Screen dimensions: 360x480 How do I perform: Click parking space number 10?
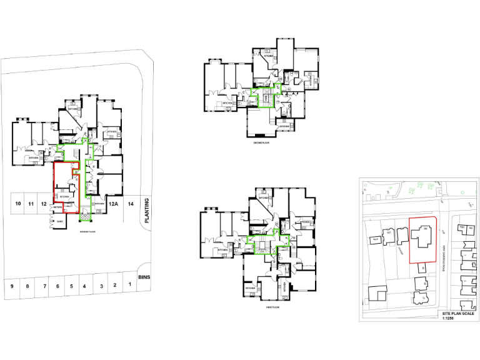click(x=19, y=204)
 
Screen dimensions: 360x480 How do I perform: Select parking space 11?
click(x=31, y=204)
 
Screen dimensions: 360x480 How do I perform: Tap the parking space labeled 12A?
click(x=114, y=204)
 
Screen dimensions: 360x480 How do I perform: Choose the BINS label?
click(x=146, y=276)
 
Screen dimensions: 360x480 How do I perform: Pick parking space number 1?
click(x=129, y=286)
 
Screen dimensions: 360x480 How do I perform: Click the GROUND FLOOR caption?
click(x=87, y=231)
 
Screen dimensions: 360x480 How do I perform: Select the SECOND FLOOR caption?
click(x=261, y=143)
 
